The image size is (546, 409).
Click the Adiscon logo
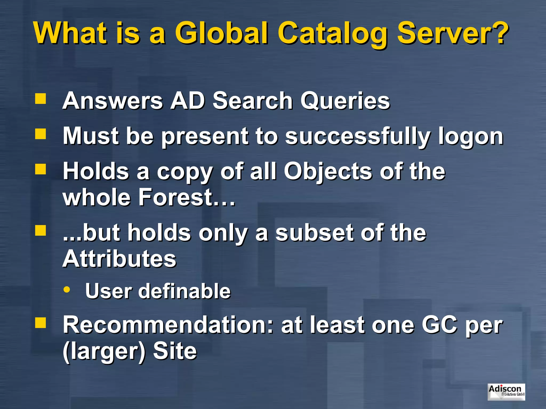click(x=506, y=392)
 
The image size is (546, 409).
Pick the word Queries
click(x=345, y=101)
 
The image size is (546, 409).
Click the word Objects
click(x=328, y=172)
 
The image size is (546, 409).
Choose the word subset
click(x=314, y=233)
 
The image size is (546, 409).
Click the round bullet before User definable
click(x=67, y=289)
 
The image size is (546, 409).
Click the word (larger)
click(x=104, y=351)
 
